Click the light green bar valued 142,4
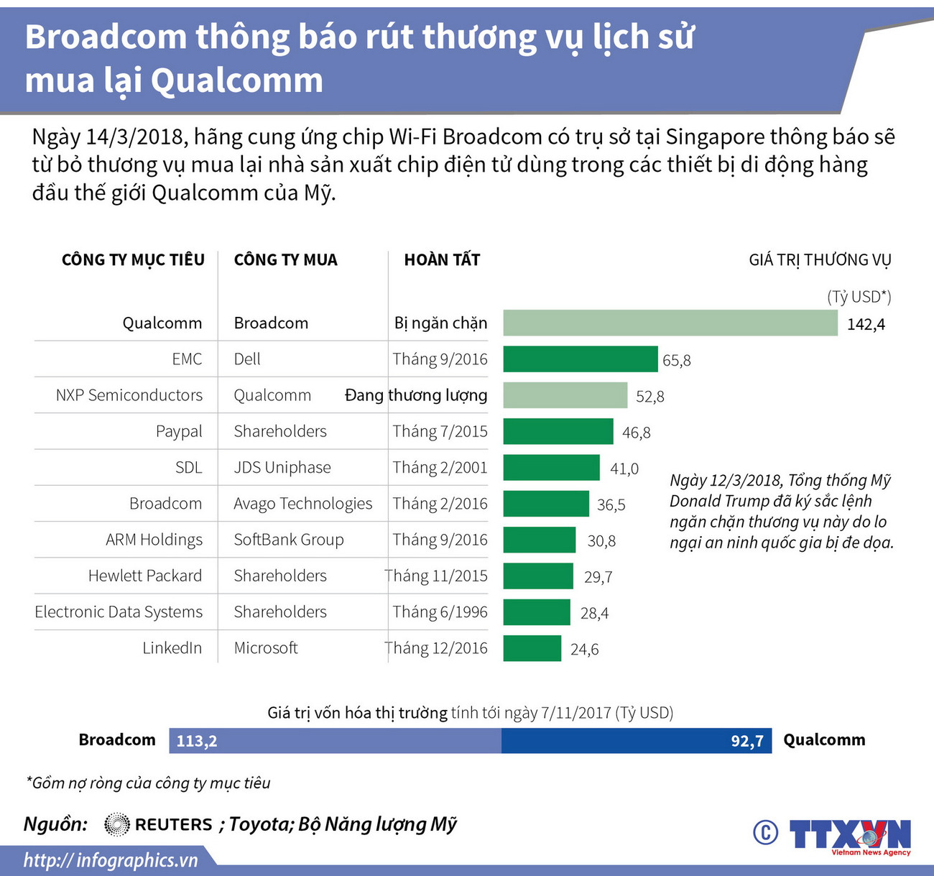(x=670, y=323)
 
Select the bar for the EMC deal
(x=580, y=359)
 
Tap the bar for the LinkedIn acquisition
(x=532, y=648)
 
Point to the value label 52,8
(x=649, y=396)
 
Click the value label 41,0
(x=624, y=469)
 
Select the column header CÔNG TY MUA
(x=285, y=259)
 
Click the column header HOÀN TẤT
(x=442, y=259)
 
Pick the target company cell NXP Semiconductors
(x=129, y=395)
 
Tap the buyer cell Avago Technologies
(x=302, y=504)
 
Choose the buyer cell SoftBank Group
(x=288, y=540)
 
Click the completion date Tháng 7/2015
(x=440, y=431)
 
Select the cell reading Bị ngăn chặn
(x=440, y=323)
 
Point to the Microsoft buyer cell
(x=265, y=648)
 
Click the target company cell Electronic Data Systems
(x=119, y=612)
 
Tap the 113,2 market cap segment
(x=335, y=741)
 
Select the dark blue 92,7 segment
(x=636, y=741)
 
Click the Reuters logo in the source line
(x=158, y=824)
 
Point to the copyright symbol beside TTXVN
(x=765, y=832)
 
